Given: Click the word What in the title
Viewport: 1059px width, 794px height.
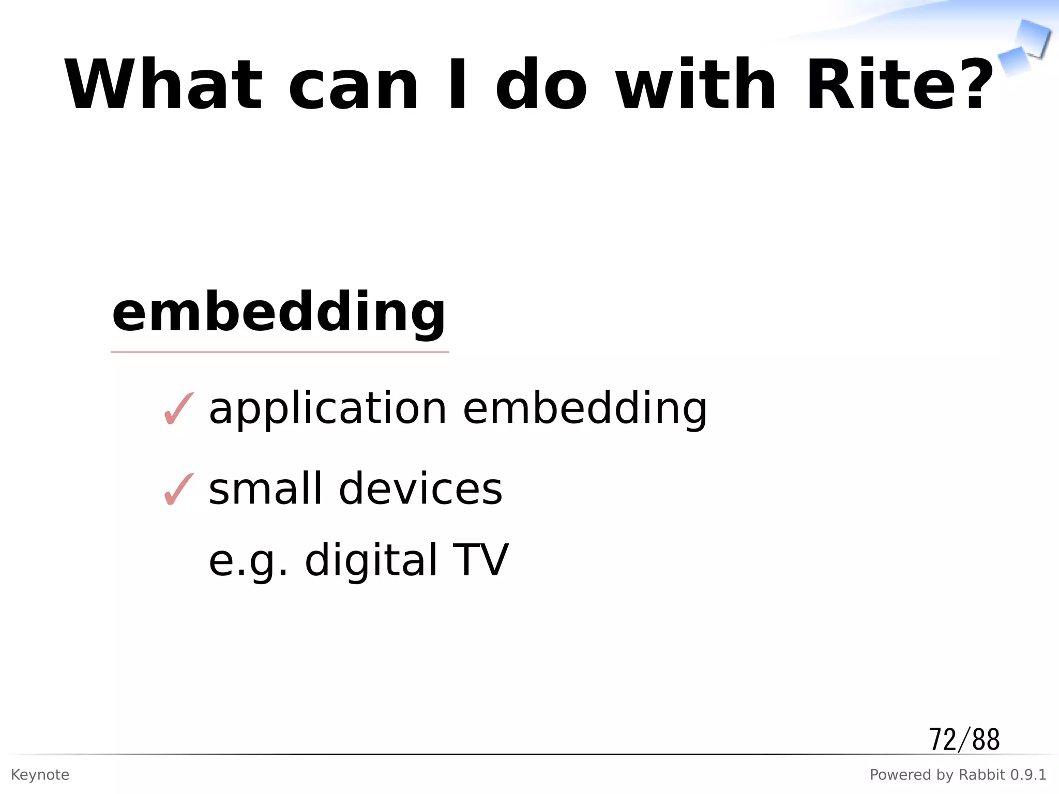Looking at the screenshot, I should click(x=163, y=85).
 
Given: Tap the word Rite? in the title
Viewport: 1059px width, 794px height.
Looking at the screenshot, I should click(x=900, y=85).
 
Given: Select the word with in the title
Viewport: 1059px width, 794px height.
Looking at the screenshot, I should click(x=696, y=85).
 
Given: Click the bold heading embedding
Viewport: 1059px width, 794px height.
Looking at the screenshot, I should click(x=279, y=313).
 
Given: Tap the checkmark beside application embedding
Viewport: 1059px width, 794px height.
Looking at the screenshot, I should click(x=178, y=409).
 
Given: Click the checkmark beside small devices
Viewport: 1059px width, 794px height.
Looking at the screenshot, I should click(x=178, y=489).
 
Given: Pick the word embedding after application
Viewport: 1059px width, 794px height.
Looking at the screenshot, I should click(x=584, y=408).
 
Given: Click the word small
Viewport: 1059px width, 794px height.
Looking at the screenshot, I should click(x=266, y=489).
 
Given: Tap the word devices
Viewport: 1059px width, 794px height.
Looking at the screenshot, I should click(x=420, y=489).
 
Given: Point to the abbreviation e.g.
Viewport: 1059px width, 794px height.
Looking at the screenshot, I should click(x=247, y=561).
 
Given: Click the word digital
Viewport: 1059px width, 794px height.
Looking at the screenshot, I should click(x=371, y=560).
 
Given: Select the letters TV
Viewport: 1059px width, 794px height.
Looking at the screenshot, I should click(x=480, y=560).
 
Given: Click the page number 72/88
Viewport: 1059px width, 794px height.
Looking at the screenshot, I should click(x=964, y=739).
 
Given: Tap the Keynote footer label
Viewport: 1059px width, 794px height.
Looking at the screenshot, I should click(x=40, y=775).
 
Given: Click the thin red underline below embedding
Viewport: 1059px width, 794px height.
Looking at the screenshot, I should click(x=280, y=352).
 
